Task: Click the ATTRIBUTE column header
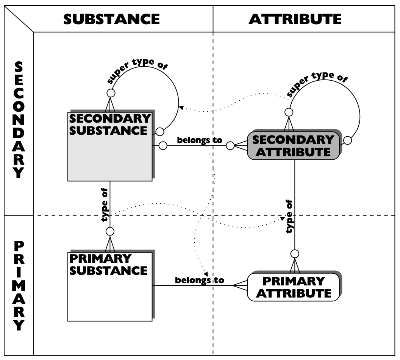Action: click(295, 19)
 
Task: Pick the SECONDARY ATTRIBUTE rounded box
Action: click(293, 146)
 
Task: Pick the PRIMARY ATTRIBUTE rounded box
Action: click(293, 287)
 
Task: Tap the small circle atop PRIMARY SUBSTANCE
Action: click(110, 231)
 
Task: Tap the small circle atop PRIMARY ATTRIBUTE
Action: click(295, 253)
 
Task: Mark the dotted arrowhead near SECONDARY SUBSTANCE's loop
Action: click(181, 108)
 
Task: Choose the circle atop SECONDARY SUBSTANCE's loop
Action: click(111, 93)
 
